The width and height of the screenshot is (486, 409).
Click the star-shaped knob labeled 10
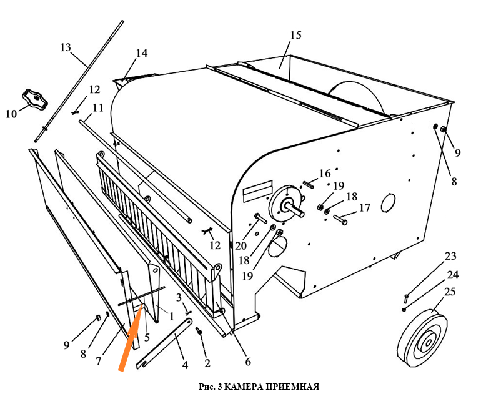pos(34,98)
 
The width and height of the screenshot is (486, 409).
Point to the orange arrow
pos(131,337)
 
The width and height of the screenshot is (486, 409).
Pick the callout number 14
pos(142,53)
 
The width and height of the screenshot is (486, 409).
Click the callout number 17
pos(365,207)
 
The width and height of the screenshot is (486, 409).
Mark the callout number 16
pos(325,173)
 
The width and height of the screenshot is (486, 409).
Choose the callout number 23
pos(450,256)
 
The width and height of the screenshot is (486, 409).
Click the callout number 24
pos(453,274)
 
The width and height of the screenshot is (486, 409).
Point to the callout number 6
pos(247,362)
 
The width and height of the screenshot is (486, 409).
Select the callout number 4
pos(184,365)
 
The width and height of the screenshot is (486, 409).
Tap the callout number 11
pos(97,107)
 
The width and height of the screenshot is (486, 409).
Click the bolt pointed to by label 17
pos(340,219)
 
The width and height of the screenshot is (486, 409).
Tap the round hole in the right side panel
pos(387,202)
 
